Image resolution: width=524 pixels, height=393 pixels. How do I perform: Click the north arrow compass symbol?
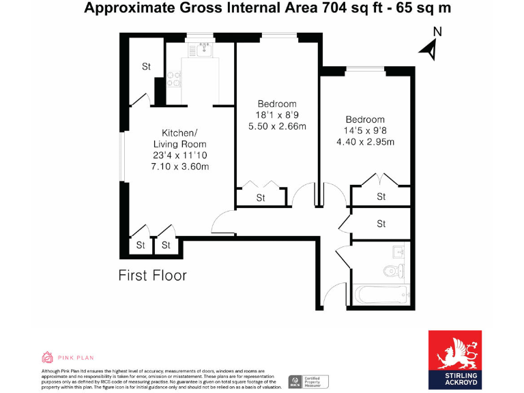[429, 49]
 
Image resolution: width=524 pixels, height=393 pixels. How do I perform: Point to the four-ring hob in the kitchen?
[173, 80]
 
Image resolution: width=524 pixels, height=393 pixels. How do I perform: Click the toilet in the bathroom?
[392, 271]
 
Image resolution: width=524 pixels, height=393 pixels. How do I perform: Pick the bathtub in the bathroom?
[379, 295]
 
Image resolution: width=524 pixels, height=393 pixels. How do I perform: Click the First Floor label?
[152, 276]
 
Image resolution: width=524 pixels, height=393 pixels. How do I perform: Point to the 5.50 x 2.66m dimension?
[277, 126]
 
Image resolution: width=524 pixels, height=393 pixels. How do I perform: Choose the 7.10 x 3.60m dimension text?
[180, 166]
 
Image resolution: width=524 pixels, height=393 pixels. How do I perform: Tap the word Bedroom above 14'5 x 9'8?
[364, 119]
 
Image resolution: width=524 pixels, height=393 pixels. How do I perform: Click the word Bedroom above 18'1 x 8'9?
[277, 104]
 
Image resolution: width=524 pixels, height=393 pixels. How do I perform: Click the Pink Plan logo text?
[75, 357]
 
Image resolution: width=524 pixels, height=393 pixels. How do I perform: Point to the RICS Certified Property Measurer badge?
[308, 381]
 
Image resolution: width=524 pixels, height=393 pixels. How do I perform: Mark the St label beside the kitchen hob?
[146, 67]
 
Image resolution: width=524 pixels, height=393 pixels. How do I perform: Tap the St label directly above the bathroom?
[381, 224]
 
